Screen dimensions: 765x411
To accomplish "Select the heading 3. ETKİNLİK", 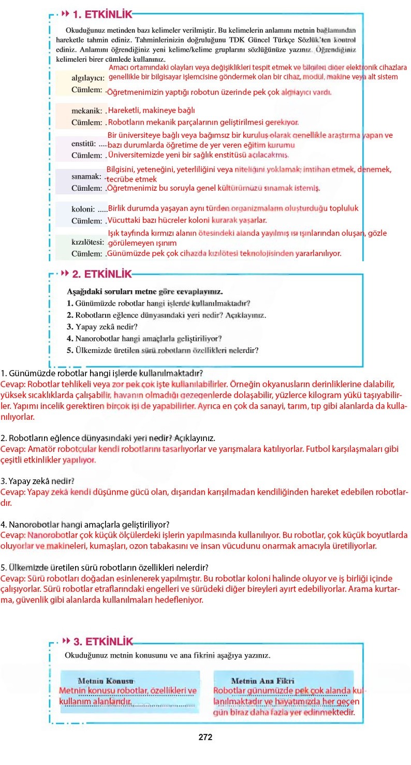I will [x=103, y=642].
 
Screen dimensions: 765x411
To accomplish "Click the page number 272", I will [x=205, y=737].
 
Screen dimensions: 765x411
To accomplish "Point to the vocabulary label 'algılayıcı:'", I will [x=87, y=78].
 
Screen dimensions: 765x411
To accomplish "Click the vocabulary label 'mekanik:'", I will [x=86, y=111].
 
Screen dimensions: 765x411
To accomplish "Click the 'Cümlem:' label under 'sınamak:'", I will [x=87, y=188].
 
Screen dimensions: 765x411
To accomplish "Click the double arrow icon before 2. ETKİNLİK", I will [x=65, y=273].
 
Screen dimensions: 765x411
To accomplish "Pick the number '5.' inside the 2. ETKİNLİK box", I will [x=70, y=350].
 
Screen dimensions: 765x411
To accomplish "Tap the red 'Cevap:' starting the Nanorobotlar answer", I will [x=12, y=535].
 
